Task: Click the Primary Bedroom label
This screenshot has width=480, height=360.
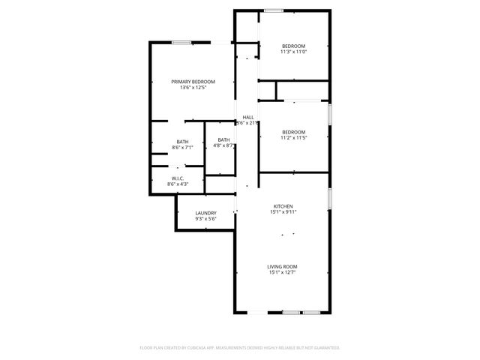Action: pos(193,82)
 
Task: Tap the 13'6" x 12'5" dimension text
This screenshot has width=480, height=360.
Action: pos(193,88)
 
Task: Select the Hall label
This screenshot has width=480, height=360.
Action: pos(247,117)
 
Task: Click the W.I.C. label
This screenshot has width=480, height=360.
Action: pos(178,178)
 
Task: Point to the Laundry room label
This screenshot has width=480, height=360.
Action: pos(205,213)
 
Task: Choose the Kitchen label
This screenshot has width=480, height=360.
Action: pos(283,206)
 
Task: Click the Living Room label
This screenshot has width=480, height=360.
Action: pos(283,266)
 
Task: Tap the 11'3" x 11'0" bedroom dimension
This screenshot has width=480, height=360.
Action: pos(293,52)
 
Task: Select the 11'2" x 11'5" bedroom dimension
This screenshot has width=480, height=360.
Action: pos(293,138)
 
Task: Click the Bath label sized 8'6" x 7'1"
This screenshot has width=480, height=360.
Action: pos(183,142)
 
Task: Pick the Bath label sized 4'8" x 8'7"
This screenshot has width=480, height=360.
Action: pos(223,139)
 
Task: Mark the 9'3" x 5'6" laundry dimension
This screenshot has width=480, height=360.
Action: pos(205,219)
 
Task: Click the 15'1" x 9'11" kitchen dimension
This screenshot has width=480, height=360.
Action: pos(283,212)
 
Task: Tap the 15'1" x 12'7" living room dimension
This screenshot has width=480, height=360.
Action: pos(283,272)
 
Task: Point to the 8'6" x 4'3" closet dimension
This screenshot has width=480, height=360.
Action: pos(178,184)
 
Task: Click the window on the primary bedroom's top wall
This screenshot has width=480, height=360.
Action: pos(181,42)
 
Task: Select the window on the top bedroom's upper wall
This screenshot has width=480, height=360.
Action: pos(273,10)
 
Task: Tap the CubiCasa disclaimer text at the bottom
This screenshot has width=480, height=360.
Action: pos(240,348)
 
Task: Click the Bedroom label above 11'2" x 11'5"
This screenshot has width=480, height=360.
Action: pos(293,132)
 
